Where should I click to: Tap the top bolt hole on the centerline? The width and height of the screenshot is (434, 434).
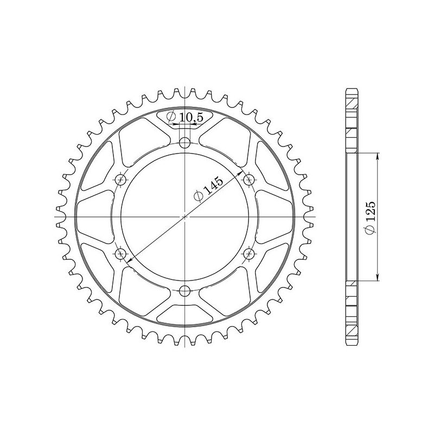(186, 143)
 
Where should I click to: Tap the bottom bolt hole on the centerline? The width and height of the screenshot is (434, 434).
(186, 290)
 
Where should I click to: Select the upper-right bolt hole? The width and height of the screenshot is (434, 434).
(250, 180)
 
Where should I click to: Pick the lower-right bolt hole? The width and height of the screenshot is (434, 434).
(250, 253)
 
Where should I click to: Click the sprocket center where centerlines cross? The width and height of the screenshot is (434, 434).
(186, 217)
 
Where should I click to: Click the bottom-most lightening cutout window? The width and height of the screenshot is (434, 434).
(186, 315)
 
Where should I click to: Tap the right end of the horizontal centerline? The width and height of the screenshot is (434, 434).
(315, 217)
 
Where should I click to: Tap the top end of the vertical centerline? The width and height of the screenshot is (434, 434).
(186, 87)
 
